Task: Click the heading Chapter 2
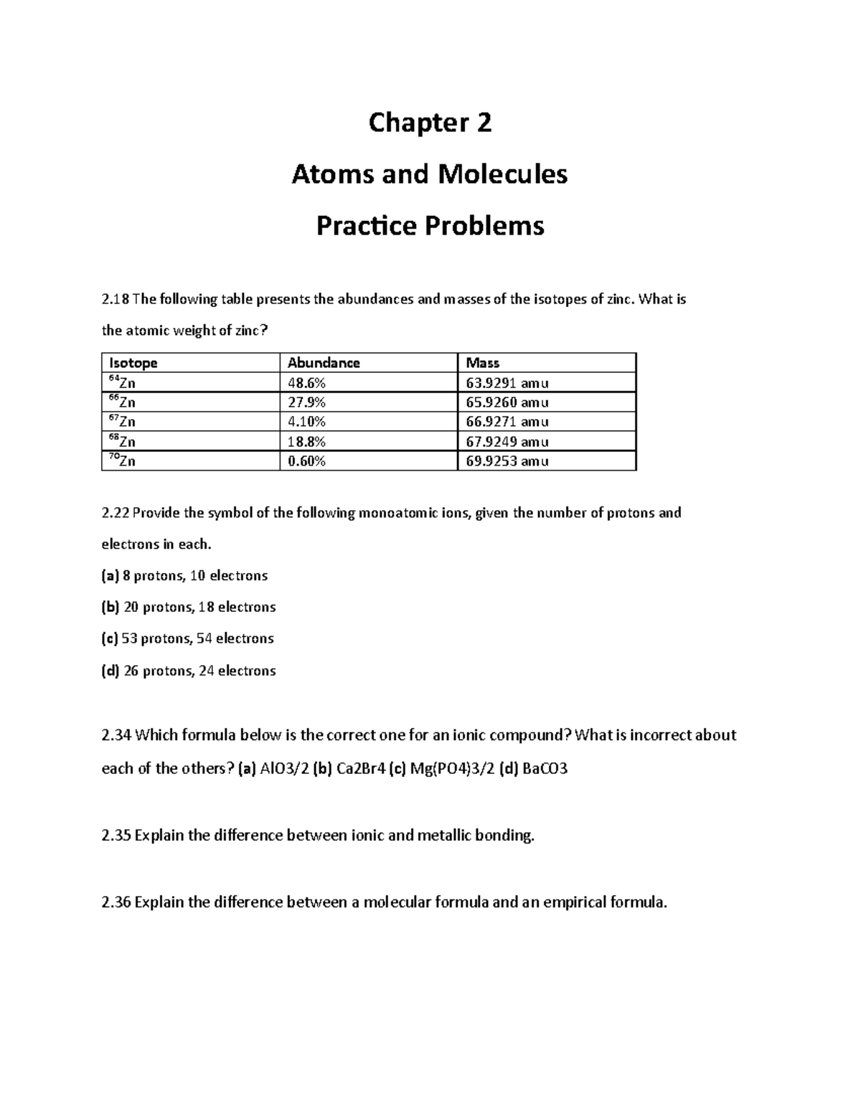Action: (x=430, y=123)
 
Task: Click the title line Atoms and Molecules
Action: (x=429, y=174)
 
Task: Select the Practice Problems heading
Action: (x=430, y=226)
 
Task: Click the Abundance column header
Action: (x=324, y=363)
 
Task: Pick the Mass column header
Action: (x=483, y=363)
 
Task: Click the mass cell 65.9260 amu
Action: (x=507, y=402)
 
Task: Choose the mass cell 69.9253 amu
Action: (x=507, y=461)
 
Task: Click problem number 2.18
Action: (x=116, y=300)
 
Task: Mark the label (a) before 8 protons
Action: (x=110, y=576)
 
